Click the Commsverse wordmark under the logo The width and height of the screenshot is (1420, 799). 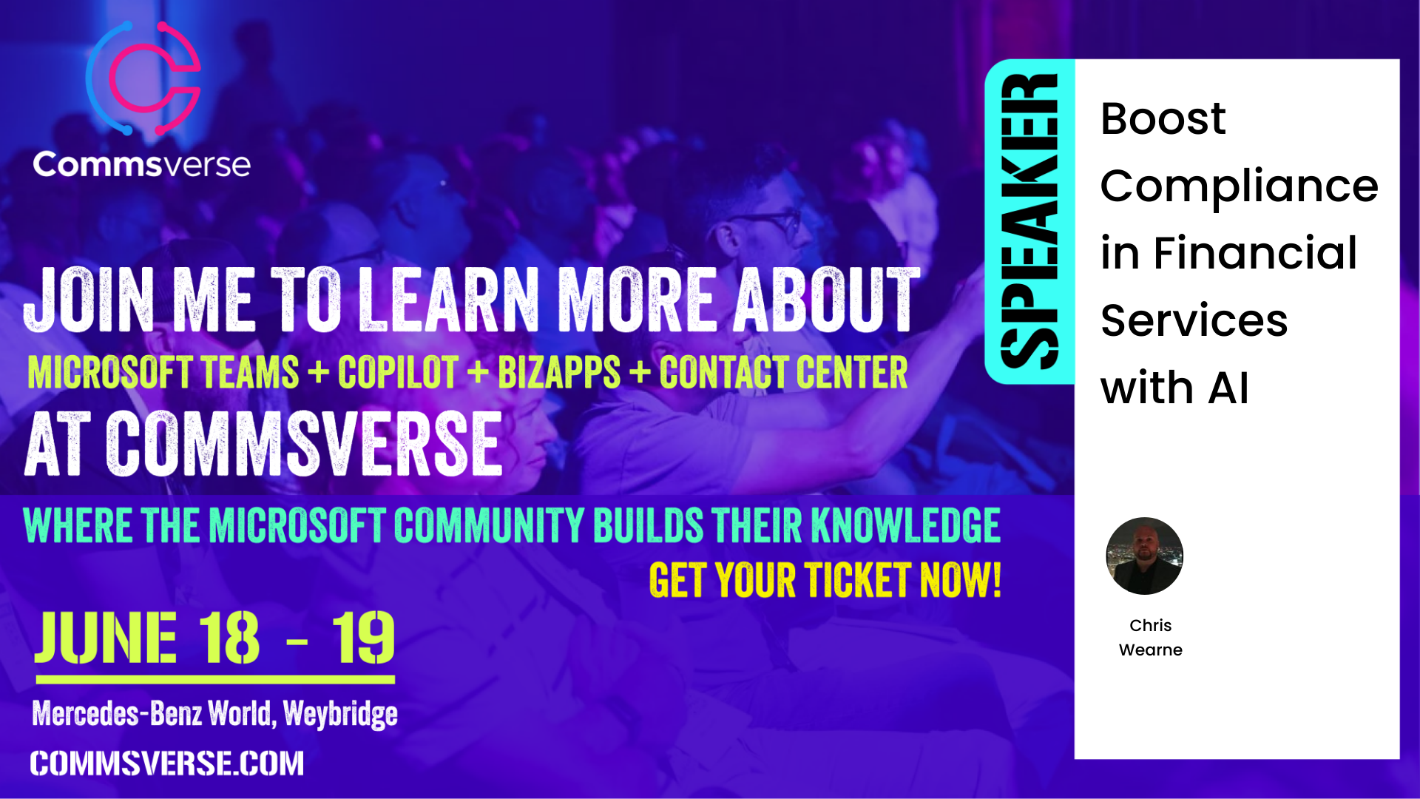(142, 164)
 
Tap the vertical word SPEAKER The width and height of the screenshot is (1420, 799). (1029, 221)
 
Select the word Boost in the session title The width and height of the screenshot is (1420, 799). (1163, 118)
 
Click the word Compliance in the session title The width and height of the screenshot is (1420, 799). (1240, 187)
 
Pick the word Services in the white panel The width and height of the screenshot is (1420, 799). (1194, 320)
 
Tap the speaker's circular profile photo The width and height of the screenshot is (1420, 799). (1144, 556)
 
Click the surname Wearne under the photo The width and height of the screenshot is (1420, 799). (1151, 650)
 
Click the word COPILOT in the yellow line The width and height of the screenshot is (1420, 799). (398, 372)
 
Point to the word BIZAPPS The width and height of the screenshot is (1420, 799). (559, 372)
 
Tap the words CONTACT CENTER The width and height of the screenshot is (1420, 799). (783, 372)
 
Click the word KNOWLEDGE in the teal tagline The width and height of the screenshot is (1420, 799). (906, 525)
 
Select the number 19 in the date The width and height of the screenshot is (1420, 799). (363, 638)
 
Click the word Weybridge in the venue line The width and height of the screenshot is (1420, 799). (340, 714)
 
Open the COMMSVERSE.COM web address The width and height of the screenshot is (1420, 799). (167, 763)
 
